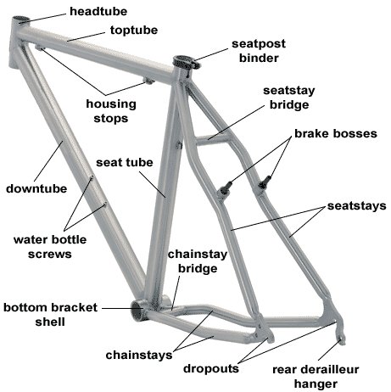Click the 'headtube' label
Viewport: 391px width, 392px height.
click(x=98, y=12)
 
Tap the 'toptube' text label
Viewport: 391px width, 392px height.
click(x=134, y=31)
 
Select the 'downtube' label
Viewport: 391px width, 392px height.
click(x=36, y=188)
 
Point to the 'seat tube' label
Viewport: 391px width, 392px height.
click(x=125, y=163)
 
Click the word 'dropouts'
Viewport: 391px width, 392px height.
click(x=211, y=369)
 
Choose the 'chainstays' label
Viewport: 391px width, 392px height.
click(x=139, y=356)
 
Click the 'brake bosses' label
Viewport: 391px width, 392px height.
click(x=336, y=134)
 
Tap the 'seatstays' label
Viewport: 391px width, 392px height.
click(x=357, y=206)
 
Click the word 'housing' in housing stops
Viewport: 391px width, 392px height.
click(x=111, y=104)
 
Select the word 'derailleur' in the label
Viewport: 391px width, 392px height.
click(x=330, y=369)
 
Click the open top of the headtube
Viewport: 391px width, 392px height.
click(x=21, y=20)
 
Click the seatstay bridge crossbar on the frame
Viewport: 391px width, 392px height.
click(x=211, y=138)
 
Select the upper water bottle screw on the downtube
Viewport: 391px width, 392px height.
click(x=92, y=177)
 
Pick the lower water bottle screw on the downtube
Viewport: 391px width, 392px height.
click(x=105, y=204)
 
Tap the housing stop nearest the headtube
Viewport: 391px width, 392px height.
click(x=40, y=48)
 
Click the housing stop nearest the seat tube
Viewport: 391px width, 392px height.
click(x=148, y=81)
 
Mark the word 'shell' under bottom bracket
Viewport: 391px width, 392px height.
click(x=50, y=322)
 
